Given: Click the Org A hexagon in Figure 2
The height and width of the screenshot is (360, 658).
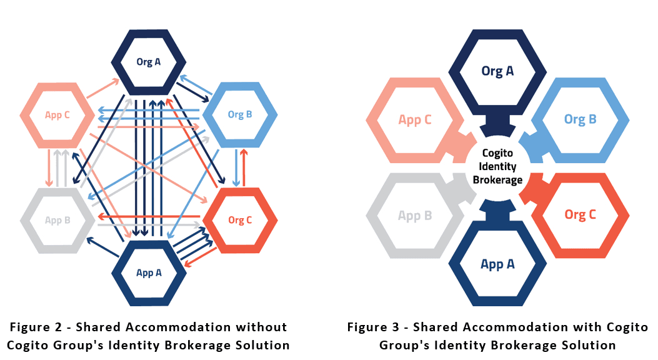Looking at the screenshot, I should (x=149, y=61).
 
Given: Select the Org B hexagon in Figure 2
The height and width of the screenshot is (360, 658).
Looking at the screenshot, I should (x=240, y=114).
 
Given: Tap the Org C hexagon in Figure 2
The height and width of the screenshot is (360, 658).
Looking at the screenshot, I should (x=240, y=220).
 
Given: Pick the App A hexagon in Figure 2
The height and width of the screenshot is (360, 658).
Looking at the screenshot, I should (x=149, y=272).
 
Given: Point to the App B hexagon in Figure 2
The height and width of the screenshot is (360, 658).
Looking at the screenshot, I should (x=57, y=220).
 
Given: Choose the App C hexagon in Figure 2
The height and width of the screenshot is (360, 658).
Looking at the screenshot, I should (x=57, y=115).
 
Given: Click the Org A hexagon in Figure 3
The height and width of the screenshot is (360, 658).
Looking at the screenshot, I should (x=497, y=71).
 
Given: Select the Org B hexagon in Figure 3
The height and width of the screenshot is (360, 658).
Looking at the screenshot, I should (x=580, y=119).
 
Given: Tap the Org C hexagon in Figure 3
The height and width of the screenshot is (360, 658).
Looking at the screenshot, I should (x=580, y=215).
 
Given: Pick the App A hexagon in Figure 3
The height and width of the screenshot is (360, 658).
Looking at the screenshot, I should (x=497, y=264).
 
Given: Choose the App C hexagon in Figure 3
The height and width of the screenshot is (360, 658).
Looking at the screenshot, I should (x=415, y=119).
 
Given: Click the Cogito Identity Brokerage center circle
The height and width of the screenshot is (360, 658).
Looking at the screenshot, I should (x=497, y=167).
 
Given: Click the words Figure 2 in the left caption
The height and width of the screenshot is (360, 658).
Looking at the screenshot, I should (x=35, y=327).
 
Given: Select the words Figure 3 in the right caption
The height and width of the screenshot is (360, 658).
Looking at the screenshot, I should (x=374, y=327).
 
